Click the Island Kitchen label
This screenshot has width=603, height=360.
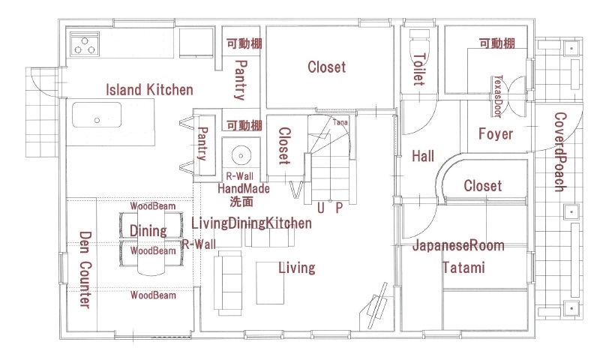click(149, 90)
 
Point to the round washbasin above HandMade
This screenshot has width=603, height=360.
click(241, 156)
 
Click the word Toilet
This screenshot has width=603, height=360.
click(418, 69)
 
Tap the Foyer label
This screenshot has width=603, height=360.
click(496, 134)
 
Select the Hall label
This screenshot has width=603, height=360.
click(423, 157)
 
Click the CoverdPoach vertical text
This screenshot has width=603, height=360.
click(560, 152)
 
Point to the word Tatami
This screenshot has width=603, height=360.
click(463, 268)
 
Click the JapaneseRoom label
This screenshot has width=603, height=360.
click(457, 245)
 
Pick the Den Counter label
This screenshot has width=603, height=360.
click(85, 269)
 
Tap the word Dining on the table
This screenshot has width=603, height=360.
click(148, 230)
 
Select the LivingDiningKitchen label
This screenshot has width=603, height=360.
click(251, 223)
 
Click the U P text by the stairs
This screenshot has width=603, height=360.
click(329, 208)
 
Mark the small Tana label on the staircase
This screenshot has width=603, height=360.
click(340, 121)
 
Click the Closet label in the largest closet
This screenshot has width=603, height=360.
click(327, 67)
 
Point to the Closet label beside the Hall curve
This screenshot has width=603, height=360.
click(482, 186)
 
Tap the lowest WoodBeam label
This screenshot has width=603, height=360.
click(153, 295)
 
